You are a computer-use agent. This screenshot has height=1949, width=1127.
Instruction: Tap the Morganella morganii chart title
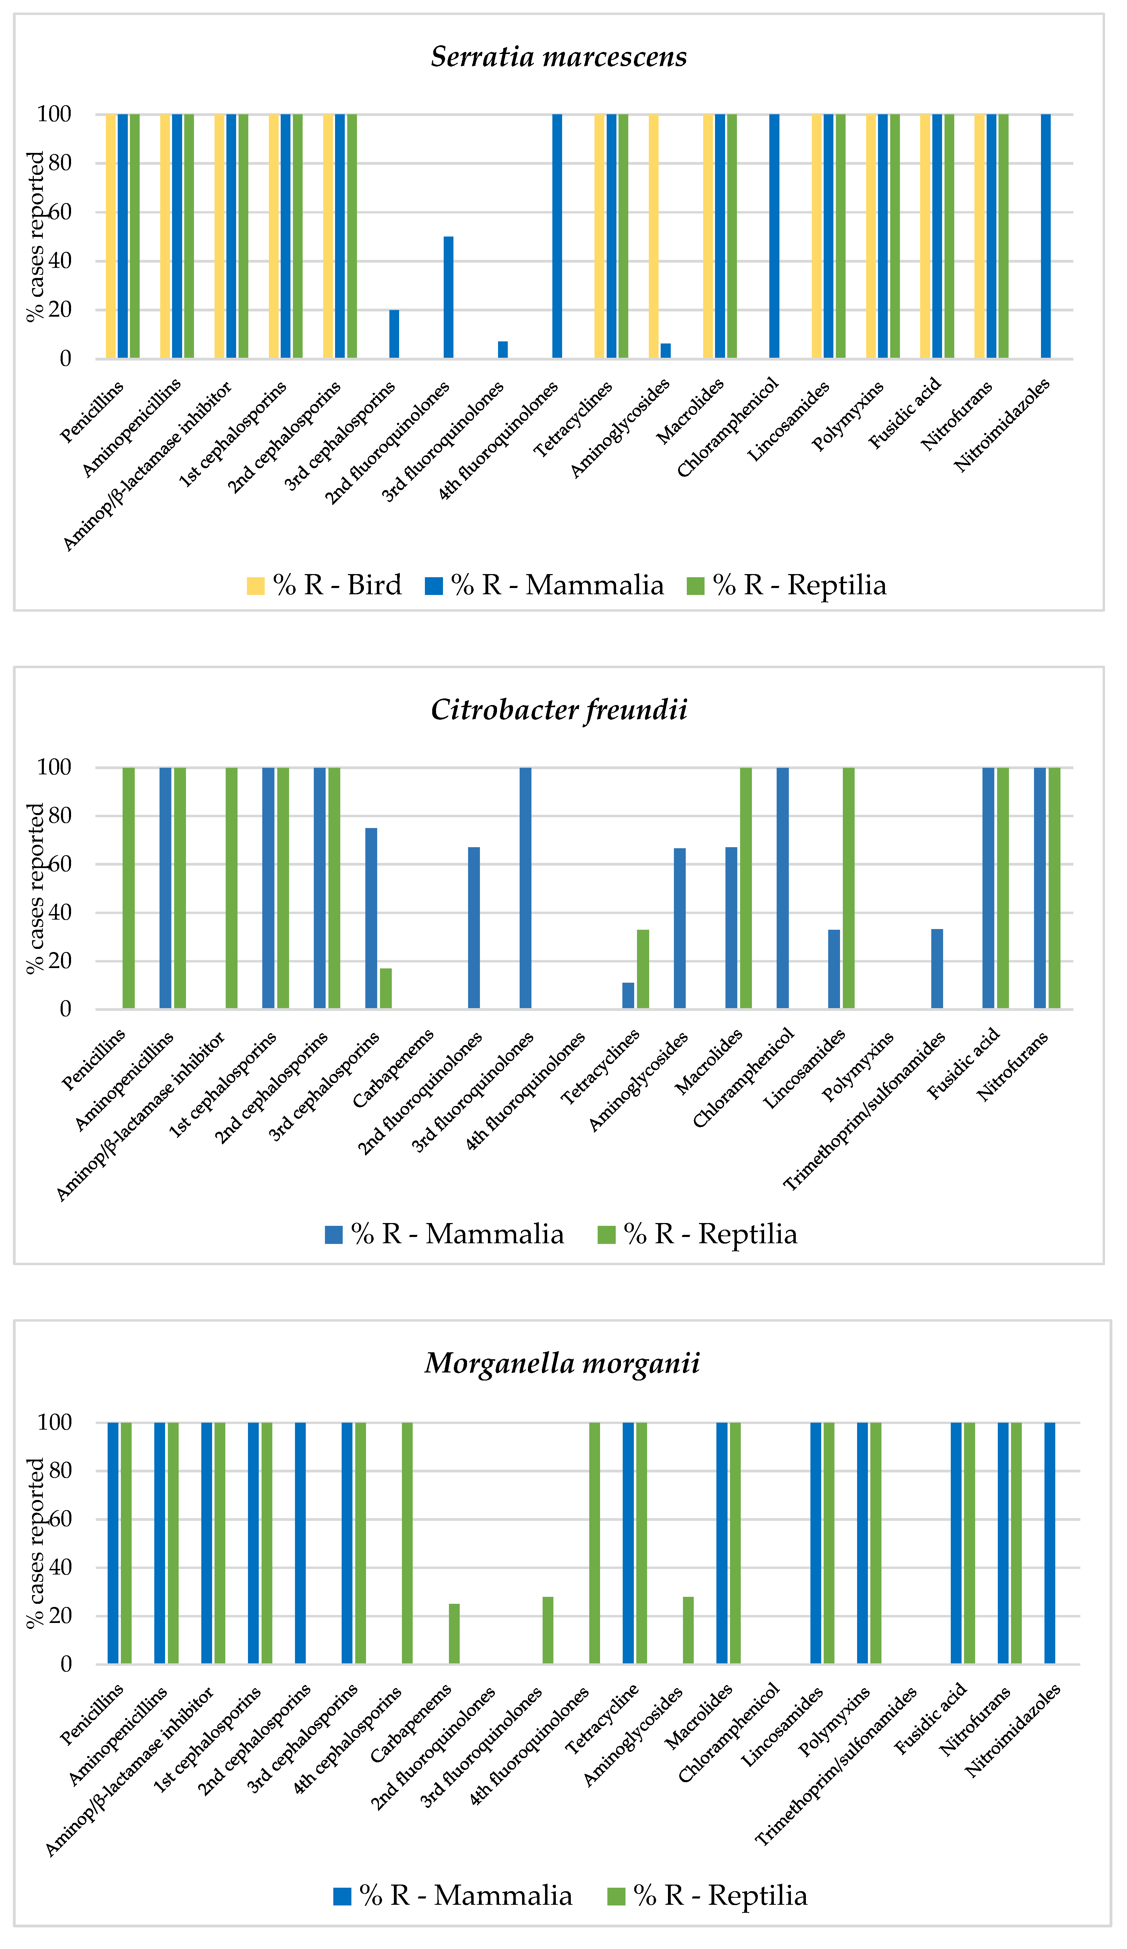tap(562, 1363)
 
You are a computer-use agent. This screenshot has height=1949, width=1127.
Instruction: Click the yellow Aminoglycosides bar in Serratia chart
tap(653, 236)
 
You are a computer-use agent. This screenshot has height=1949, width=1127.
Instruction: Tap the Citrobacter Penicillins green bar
tap(128, 888)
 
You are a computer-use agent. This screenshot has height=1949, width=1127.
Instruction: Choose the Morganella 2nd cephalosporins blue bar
tap(300, 1542)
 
